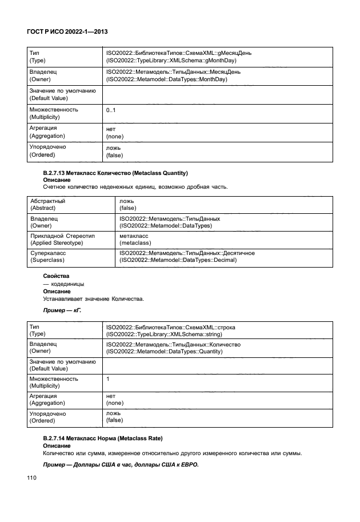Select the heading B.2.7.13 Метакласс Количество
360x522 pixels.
coord(116,173)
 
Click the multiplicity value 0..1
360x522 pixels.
coord(111,109)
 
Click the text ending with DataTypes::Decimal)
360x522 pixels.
coord(178,261)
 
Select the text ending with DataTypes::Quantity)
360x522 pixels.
coord(164,353)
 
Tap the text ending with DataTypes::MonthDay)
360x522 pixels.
coord(166,80)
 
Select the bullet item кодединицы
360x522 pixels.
coord(63,284)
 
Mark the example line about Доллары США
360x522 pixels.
coord(121,464)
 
